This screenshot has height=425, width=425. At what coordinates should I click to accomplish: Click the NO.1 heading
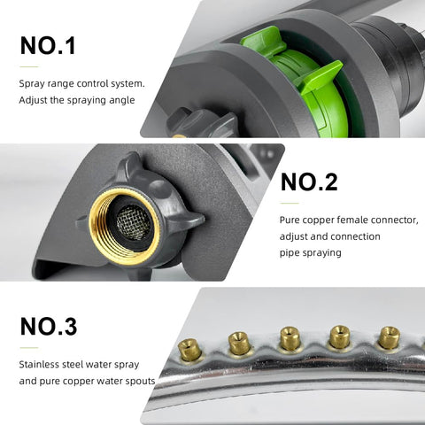point(48,46)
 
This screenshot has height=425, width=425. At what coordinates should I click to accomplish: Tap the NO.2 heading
point(309,182)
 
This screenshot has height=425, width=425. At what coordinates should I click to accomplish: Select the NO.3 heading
point(49,327)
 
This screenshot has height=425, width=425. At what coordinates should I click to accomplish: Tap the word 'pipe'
point(290,253)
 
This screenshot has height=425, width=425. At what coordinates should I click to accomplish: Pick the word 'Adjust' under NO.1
point(33,101)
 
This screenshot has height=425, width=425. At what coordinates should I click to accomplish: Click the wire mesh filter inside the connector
point(134,222)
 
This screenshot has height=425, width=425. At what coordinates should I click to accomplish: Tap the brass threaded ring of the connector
point(96,228)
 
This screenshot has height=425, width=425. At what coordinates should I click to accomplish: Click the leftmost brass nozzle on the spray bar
point(189,350)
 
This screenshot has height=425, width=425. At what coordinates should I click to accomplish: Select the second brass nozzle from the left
point(239,343)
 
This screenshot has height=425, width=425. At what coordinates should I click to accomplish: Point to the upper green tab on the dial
point(264,41)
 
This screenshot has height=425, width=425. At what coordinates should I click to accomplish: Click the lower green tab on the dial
point(321,78)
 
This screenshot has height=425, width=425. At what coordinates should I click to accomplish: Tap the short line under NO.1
point(29,67)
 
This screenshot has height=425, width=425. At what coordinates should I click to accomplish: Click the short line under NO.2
point(290,204)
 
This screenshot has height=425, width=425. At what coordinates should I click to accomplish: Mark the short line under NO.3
point(29,348)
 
